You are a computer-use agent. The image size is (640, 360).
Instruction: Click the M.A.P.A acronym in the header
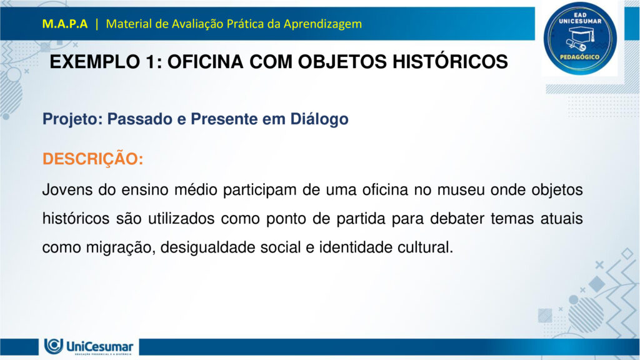(x=65, y=24)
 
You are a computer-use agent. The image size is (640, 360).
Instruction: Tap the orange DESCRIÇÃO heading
(x=92, y=159)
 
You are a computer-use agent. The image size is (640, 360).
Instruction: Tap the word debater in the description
(x=452, y=219)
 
